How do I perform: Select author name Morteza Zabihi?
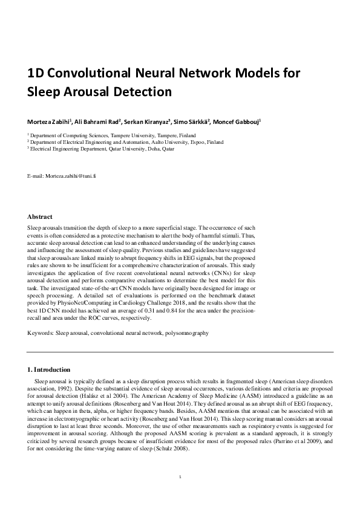coord(53,122)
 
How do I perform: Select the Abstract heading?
coord(40,216)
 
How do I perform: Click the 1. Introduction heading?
coord(49,369)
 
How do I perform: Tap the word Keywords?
coord(41,333)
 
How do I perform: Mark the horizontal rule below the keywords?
coord(180,351)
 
